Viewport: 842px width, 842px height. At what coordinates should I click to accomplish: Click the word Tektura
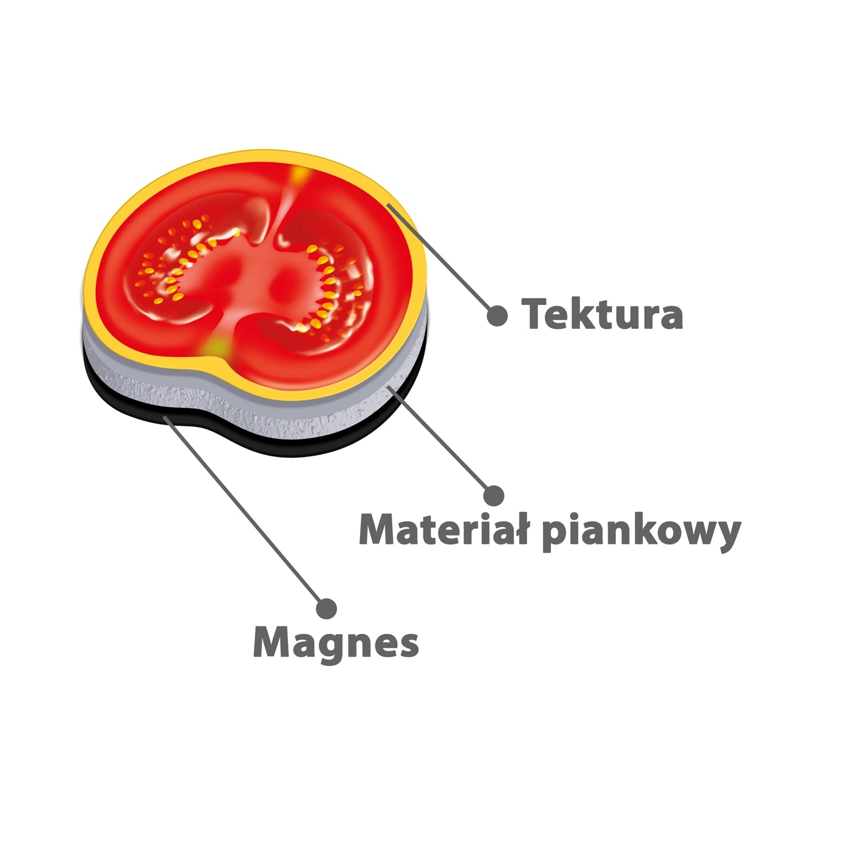[x=602, y=314]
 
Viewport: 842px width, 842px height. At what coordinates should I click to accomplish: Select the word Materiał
[x=443, y=529]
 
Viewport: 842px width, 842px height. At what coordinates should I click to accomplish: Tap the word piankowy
[x=642, y=532]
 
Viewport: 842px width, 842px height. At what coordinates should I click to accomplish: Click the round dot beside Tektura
[x=497, y=315]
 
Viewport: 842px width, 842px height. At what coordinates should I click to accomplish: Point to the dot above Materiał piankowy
[x=493, y=495]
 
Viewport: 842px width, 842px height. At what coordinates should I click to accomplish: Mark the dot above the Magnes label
[x=326, y=608]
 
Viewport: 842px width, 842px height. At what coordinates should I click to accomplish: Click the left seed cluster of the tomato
[x=180, y=258]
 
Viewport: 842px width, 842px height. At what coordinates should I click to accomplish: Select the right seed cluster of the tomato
[x=328, y=281]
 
